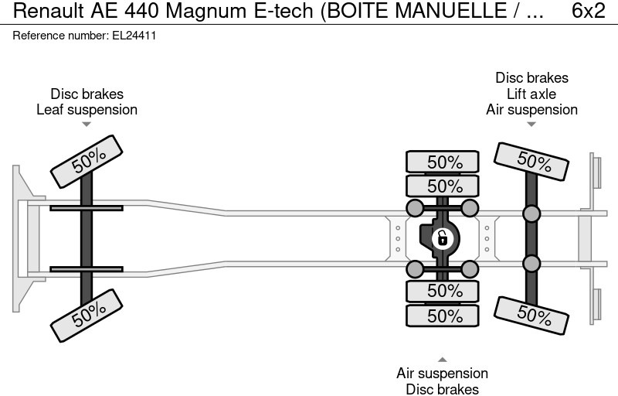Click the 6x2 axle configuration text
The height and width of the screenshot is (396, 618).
(588, 12)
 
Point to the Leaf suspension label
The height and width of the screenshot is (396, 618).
(87, 109)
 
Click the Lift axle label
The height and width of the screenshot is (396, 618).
(531, 94)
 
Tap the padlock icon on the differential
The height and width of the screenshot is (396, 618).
(443, 237)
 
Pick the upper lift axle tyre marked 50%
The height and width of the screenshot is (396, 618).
(532, 161)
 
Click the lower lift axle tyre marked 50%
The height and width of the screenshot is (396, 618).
(532, 312)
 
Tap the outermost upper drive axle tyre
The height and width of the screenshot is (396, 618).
(444, 162)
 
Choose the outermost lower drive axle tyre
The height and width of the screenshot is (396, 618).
(444, 315)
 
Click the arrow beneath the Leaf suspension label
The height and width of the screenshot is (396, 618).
(87, 124)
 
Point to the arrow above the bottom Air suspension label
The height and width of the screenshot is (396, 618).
(442, 359)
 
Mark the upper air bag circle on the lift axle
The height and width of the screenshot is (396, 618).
(531, 213)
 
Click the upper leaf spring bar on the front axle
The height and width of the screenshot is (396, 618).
(87, 207)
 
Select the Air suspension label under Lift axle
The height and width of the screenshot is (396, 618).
(531, 109)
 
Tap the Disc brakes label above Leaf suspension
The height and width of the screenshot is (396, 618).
(87, 94)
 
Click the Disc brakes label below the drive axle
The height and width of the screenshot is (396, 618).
(442, 389)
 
